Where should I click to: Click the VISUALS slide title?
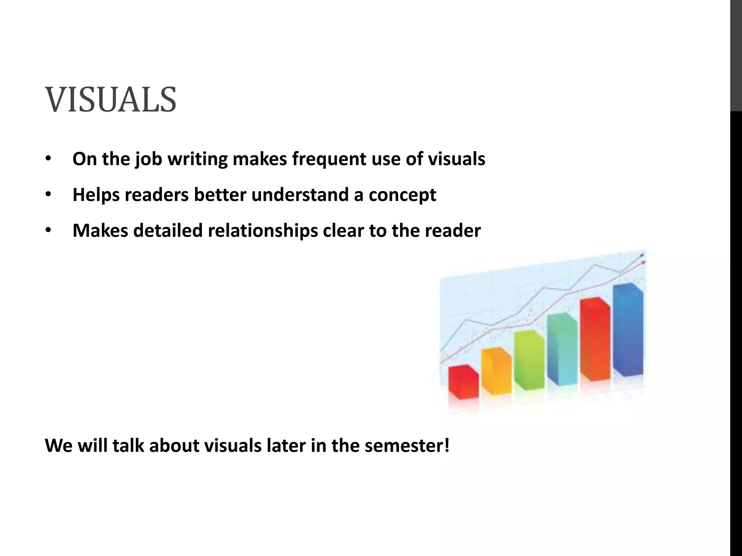(x=111, y=100)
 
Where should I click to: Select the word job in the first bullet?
(x=149, y=159)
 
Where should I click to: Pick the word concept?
(x=402, y=195)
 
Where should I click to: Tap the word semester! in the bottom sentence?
(x=407, y=446)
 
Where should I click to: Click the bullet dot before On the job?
(x=49, y=159)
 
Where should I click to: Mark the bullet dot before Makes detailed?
(x=49, y=231)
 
